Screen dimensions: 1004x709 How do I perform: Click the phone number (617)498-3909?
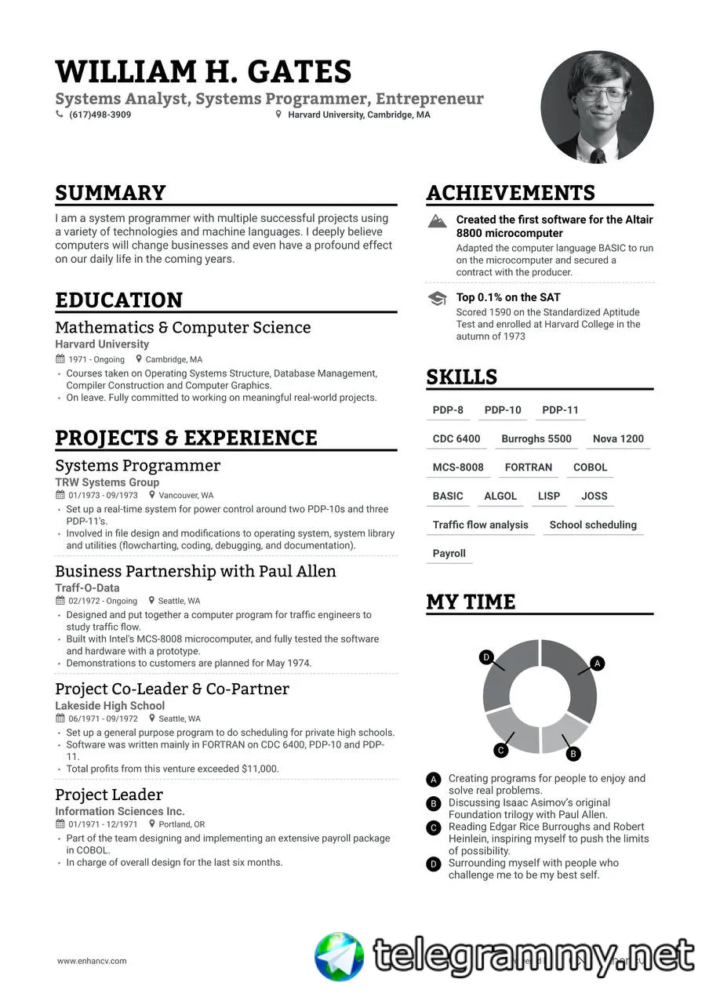[100, 115]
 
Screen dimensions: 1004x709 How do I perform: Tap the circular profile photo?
[597, 107]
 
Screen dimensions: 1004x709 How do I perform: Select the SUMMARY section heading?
[111, 193]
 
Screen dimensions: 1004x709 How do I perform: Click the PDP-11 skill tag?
[560, 410]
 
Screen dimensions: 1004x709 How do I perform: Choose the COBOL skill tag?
[590, 467]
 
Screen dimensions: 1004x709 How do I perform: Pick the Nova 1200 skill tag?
[618, 438]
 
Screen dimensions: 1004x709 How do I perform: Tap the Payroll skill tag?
[449, 554]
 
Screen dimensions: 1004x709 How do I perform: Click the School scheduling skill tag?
[593, 525]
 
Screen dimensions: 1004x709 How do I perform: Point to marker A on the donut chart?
[597, 664]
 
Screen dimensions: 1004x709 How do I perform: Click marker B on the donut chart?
[573, 754]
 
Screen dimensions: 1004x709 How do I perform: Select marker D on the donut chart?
[486, 657]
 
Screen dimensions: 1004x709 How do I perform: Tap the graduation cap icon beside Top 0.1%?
[438, 298]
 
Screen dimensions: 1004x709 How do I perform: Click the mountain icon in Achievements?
[438, 221]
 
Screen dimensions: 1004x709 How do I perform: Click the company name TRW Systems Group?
[107, 482]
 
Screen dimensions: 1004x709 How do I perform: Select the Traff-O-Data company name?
[87, 587]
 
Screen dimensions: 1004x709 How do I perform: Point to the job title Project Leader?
[109, 795]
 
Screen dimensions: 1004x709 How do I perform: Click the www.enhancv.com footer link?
[92, 961]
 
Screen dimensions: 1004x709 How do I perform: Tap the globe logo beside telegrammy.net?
[340, 957]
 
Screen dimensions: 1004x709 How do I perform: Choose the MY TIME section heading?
[471, 602]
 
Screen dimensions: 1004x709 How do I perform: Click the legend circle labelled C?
[433, 828]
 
